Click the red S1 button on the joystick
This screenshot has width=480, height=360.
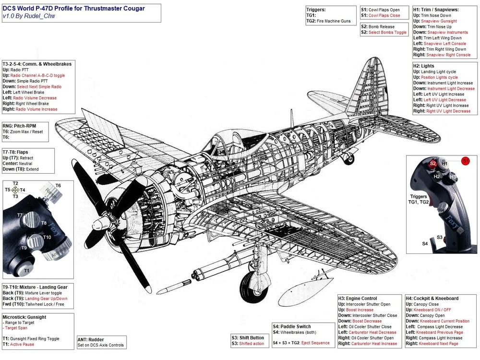465,160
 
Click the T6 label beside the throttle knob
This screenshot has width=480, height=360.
58,186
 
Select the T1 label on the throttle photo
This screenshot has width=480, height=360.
27,271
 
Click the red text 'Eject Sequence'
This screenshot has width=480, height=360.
315,343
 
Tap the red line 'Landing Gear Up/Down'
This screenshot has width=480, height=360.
46,299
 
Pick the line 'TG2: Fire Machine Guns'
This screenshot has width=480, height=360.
329,21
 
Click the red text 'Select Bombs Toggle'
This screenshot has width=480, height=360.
387,32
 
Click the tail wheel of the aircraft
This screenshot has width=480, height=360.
350,157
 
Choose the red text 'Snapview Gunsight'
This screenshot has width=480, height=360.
439,21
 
